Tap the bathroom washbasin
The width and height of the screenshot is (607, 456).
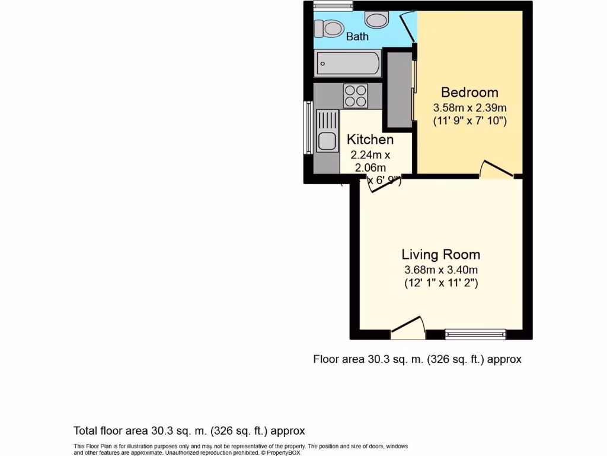coord(376,20)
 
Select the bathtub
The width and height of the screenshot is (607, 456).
coord(348,64)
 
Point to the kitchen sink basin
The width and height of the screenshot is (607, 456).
coord(325,142)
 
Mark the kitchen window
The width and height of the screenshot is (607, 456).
coord(308,128)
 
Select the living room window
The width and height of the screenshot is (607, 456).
coord(475,334)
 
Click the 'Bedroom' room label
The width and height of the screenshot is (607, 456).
coord(469,93)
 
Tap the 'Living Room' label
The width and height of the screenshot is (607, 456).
coord(440,255)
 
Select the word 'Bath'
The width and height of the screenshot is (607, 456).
coord(357,37)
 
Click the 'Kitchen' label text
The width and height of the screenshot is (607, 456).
coord(370,140)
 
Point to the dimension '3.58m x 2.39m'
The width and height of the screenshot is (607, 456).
coord(469,108)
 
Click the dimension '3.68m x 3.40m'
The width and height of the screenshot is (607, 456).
coord(440,270)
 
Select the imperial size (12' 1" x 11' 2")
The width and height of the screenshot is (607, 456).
coord(440,283)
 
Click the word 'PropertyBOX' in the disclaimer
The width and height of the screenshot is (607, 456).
coord(285,452)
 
